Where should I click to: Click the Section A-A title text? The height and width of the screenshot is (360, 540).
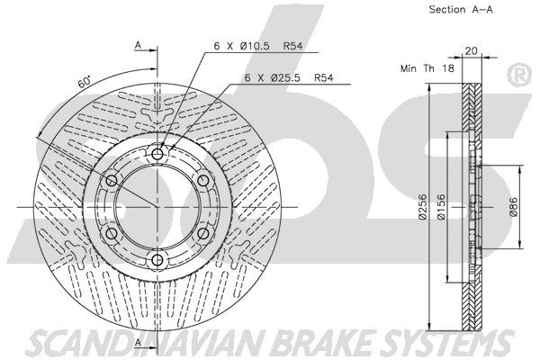[461, 10]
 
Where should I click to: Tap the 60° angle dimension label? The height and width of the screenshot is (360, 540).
[85, 82]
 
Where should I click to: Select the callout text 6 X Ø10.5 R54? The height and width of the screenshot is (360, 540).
[258, 46]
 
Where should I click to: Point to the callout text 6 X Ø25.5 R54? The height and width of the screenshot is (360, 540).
[289, 78]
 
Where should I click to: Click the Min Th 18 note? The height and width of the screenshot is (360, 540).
[427, 68]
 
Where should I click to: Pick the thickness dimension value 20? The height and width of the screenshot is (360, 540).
[471, 51]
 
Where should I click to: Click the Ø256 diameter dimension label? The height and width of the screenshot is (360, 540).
[423, 207]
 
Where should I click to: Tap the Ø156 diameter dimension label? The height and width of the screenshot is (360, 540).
[441, 207]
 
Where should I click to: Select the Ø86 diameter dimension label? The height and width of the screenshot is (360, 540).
[513, 207]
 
